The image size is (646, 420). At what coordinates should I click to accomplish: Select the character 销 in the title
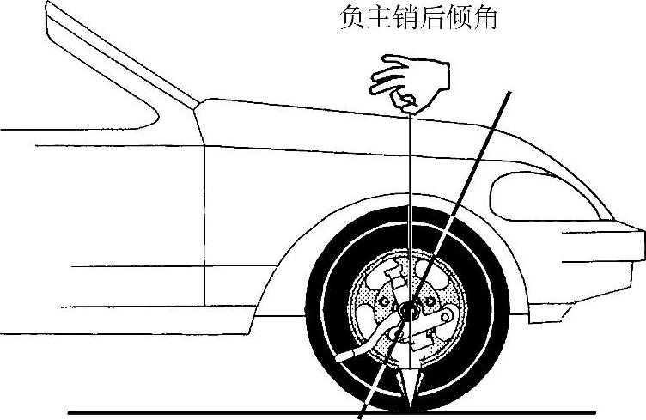(411, 19)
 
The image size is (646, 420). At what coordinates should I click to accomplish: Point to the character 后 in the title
(440, 19)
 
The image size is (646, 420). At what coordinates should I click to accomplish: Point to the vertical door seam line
(204, 223)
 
